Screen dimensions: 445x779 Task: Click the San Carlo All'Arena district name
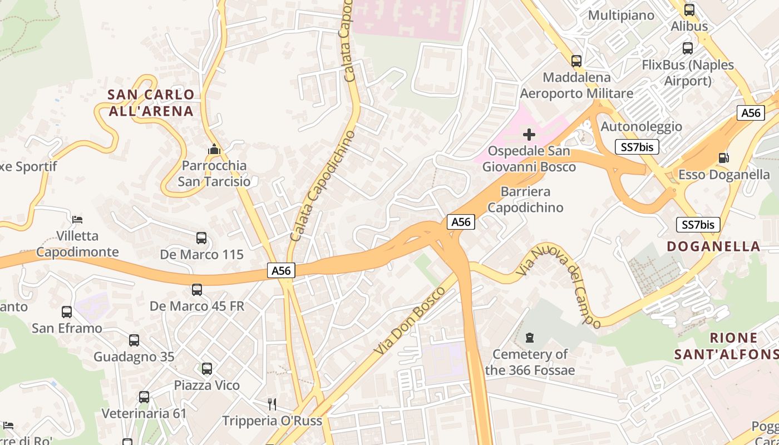coord(151,102)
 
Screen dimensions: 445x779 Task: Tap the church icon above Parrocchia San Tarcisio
coord(214,149)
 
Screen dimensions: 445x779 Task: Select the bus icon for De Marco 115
coord(201,238)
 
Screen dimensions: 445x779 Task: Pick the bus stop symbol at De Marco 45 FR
coord(197,290)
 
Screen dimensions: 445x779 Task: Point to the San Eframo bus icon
coord(67,312)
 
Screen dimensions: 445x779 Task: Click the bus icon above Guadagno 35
coord(134,340)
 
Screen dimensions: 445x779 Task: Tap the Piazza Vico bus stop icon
coord(207,368)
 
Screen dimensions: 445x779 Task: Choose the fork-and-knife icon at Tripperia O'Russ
coord(272,404)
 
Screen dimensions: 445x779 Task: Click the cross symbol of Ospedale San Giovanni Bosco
coord(529,134)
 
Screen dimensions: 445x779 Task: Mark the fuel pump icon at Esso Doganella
coord(723,158)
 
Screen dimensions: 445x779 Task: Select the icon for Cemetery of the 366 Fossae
coord(530,337)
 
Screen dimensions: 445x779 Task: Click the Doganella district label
coord(713,246)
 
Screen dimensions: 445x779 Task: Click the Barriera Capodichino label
coord(525,200)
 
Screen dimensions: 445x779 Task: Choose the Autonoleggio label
coord(641,126)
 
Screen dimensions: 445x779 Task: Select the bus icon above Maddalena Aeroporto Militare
coord(576,61)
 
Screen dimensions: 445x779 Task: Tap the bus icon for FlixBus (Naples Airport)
coord(688,48)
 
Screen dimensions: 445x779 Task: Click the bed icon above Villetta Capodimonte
coord(77,219)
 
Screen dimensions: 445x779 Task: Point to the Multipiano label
coord(621,15)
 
